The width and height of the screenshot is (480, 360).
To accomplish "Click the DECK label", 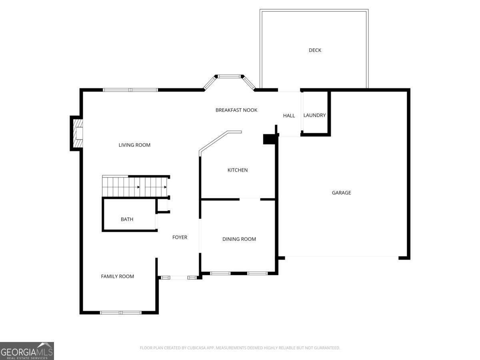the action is pos(315,50).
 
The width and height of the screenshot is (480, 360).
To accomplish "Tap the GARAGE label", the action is pos(341,193).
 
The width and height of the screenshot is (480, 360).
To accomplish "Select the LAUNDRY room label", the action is pos(314,115).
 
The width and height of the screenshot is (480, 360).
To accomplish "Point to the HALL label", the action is pos(289,116).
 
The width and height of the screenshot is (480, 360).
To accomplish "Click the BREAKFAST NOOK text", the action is pos(236,110).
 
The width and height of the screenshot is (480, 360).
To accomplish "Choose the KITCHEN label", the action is pos(238,170).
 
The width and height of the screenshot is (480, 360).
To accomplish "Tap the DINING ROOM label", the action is pos(239,239).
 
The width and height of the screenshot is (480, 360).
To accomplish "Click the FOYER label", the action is pos(180,237).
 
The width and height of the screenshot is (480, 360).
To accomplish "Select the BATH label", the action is pos(127,219).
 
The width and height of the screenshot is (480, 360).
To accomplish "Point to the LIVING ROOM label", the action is pos(134,145).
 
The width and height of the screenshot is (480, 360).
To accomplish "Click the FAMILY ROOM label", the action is pos(118,276).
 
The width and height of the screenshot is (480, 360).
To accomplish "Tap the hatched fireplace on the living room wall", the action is pos(78,133).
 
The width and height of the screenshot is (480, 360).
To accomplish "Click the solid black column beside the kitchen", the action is pos(269,139).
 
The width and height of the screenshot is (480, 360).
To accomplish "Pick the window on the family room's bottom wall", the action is pos(121,312).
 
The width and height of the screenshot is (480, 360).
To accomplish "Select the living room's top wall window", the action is pos(130,90).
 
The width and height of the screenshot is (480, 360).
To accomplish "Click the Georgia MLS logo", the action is pos(27,351).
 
